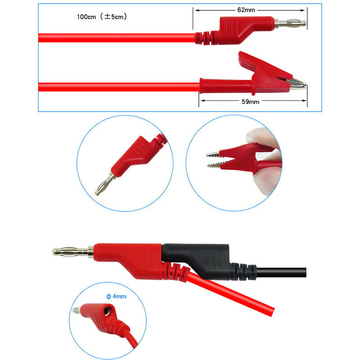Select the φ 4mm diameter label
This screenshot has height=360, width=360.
pos(116,297)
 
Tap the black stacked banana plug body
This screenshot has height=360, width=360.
pos(202,254)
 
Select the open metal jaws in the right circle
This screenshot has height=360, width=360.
pos(218,160)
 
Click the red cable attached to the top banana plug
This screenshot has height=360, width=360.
pos(112,37)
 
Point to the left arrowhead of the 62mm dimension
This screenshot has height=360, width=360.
pos(196,9)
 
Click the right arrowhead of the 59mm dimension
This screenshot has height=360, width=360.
pos(306,102)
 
